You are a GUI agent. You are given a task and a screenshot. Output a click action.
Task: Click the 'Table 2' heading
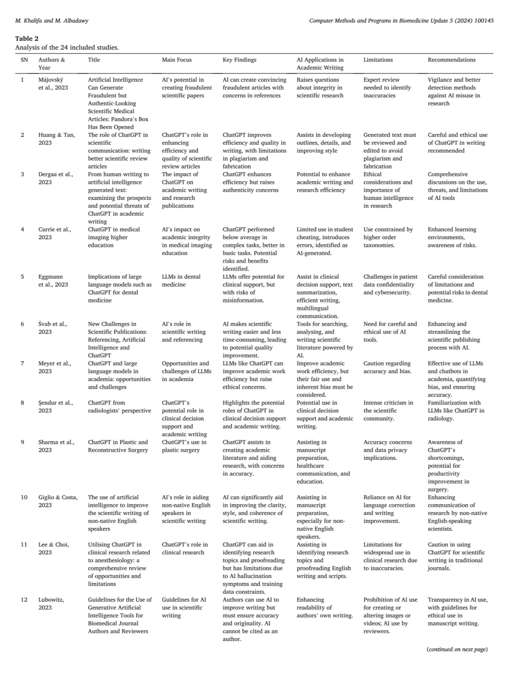(x=27, y=39)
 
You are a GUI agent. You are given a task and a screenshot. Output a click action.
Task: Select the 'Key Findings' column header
(x=239, y=60)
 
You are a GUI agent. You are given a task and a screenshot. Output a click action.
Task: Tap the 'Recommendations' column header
(x=451, y=60)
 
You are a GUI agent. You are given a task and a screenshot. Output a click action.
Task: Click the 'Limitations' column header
(x=378, y=60)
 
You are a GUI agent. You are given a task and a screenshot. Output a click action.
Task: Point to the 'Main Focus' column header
(x=177, y=60)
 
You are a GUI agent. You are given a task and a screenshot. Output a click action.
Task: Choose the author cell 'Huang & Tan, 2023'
(x=56, y=139)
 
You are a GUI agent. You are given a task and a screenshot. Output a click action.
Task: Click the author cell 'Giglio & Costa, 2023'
(x=58, y=501)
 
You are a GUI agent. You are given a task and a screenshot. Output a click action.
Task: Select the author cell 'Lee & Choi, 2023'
(x=54, y=549)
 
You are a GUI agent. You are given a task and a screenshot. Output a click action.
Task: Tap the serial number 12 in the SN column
(x=24, y=600)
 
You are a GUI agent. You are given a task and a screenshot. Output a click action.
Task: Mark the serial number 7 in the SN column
(x=22, y=363)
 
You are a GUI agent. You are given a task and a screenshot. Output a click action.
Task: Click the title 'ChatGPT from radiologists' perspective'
(x=119, y=407)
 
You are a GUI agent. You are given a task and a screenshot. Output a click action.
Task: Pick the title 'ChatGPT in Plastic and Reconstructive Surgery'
(x=118, y=446)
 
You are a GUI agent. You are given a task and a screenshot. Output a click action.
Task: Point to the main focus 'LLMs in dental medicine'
(x=181, y=281)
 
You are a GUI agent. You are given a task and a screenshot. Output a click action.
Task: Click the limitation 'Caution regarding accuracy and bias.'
(x=387, y=367)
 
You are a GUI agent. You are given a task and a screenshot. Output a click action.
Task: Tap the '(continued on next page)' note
(x=457, y=649)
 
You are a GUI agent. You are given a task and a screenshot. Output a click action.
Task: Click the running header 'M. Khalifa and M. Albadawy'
(x=52, y=21)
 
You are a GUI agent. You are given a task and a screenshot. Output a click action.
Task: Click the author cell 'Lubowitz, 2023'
(x=51, y=603)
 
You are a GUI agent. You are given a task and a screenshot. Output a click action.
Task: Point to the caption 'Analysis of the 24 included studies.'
(x=67, y=47)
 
